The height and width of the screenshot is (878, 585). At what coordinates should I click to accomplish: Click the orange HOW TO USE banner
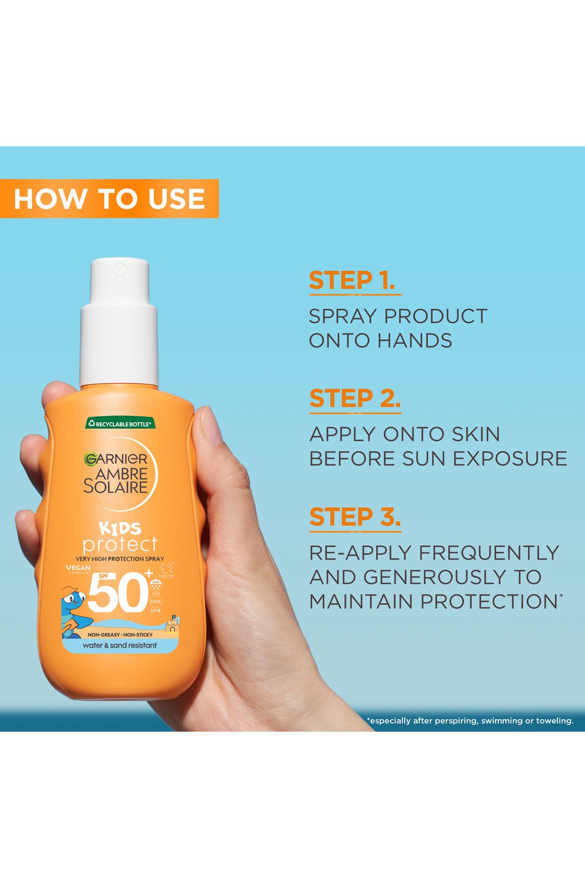[109, 198]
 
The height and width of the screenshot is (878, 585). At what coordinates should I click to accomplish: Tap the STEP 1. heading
[352, 281]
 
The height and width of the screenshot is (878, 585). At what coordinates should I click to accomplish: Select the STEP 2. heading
[355, 399]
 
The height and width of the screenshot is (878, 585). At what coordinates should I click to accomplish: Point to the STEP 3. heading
[355, 517]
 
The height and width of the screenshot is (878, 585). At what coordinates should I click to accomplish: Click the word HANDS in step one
[414, 341]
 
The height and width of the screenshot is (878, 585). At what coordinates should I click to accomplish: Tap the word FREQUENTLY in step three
[489, 553]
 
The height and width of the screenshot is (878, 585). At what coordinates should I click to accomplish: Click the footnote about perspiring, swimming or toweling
[470, 721]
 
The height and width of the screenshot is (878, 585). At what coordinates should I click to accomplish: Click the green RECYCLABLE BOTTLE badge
[120, 424]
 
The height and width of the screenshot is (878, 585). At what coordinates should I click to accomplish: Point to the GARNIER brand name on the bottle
[116, 459]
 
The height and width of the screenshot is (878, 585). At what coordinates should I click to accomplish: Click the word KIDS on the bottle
[120, 528]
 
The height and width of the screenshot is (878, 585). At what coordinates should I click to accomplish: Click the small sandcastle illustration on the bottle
[171, 625]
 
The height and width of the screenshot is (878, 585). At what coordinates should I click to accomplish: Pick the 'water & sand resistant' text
[120, 645]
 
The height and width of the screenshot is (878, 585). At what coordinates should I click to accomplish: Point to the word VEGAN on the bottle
[78, 567]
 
